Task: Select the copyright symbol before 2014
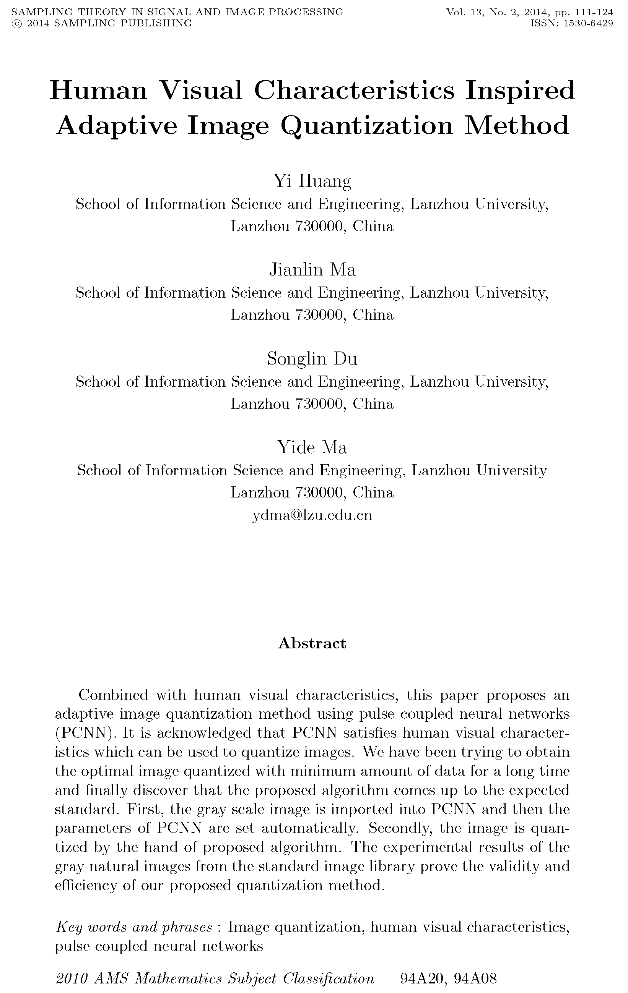17,24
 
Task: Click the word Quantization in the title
367,126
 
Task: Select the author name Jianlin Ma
312,270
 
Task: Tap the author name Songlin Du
312,358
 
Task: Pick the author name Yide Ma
312,447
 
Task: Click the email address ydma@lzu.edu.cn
312,515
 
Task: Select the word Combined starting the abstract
113,695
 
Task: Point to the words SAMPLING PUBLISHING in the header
123,24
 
